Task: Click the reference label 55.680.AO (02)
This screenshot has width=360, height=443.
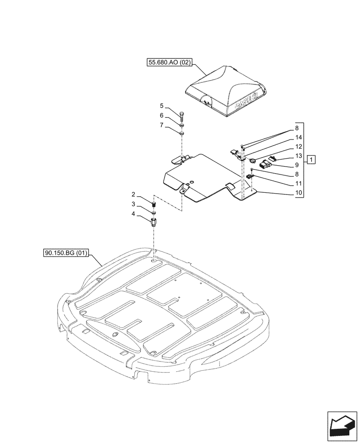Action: pyautogui.click(x=169, y=63)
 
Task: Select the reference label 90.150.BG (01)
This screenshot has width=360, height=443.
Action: pyautogui.click(x=66, y=253)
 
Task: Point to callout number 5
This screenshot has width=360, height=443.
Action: pyautogui.click(x=162, y=106)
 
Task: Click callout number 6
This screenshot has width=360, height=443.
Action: pyautogui.click(x=162, y=115)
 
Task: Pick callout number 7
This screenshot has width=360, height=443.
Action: pyautogui.click(x=162, y=126)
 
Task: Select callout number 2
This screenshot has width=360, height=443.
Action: pyautogui.click(x=133, y=194)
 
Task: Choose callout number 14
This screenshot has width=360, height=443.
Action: pyautogui.click(x=298, y=138)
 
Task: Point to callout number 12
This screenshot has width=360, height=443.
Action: pyautogui.click(x=298, y=147)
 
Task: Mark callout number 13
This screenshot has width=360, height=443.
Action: pyautogui.click(x=298, y=156)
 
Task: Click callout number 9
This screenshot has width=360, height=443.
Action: pyautogui.click(x=298, y=165)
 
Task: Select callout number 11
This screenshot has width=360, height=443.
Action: pyautogui.click(x=298, y=183)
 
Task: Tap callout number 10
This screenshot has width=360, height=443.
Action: pyautogui.click(x=298, y=193)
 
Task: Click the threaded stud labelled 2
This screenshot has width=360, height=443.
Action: pyautogui.click(x=154, y=205)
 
